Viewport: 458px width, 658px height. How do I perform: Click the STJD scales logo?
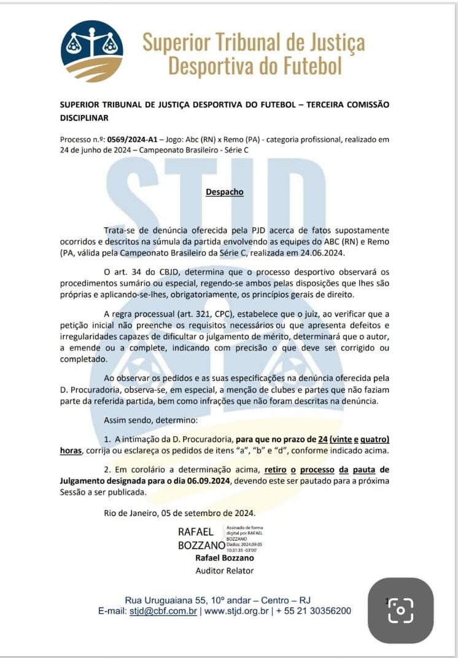[x=91, y=51]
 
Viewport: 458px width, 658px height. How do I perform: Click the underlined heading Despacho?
[x=224, y=192]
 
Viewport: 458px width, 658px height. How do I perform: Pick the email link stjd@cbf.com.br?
[x=163, y=611]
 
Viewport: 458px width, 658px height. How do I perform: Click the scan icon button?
[x=400, y=610]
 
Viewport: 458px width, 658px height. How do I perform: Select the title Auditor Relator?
[x=224, y=570]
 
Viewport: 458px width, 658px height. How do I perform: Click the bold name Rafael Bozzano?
[x=224, y=558]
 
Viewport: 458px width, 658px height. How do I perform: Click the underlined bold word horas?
[x=71, y=450]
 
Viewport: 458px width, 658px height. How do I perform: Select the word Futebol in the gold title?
[x=311, y=65]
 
